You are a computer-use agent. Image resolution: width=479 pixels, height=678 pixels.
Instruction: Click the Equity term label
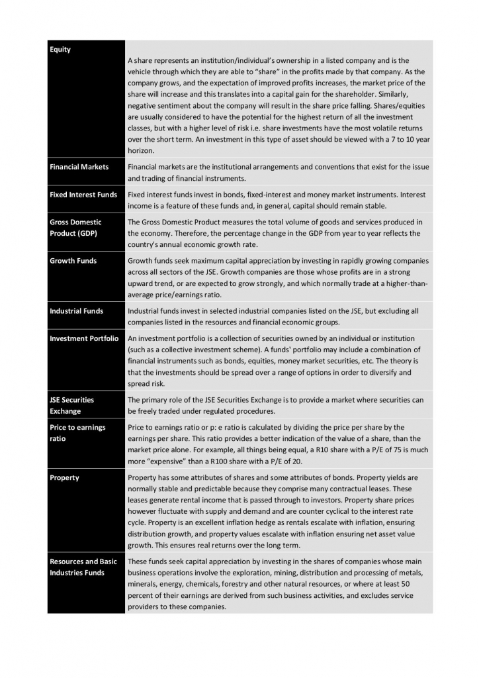click(60, 50)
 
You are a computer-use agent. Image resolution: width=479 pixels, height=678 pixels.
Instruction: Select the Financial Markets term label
click(79, 167)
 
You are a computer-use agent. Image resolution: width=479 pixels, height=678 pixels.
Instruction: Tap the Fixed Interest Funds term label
click(83, 195)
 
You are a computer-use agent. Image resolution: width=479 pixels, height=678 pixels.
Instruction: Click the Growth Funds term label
click(73, 261)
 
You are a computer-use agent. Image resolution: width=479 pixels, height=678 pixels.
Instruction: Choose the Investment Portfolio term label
click(84, 338)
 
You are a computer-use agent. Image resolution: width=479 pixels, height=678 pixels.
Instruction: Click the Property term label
click(64, 477)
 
